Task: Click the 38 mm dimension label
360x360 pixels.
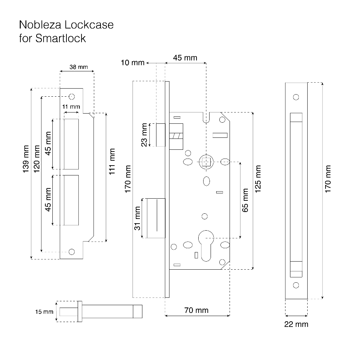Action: point(78,67)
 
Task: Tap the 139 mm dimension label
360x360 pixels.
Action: point(26,159)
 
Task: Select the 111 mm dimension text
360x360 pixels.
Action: point(111,161)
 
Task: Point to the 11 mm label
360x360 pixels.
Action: point(71,107)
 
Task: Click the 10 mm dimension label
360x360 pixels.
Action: point(133,63)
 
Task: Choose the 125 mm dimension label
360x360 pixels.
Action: point(258,179)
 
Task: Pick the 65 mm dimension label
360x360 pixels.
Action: point(245,200)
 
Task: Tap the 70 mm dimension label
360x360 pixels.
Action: point(196,310)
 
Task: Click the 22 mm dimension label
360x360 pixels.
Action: point(296,324)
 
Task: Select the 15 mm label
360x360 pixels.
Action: point(44,311)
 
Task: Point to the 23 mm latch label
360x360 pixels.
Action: point(144,135)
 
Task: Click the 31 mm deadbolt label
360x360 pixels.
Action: point(137,218)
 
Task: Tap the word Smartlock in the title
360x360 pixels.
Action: point(60,38)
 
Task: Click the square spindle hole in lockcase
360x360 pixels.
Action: point(206,162)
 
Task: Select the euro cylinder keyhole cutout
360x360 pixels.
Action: point(206,246)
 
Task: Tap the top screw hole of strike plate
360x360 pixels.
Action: point(72,97)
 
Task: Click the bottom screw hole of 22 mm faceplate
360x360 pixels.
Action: point(296,285)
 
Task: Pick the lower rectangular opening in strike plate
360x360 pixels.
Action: point(71,200)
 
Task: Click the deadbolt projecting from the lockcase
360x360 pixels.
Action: point(156,218)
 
